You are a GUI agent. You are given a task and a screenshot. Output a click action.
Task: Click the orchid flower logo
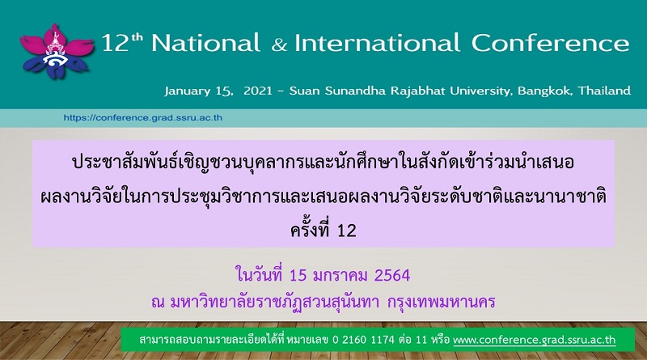(57, 52)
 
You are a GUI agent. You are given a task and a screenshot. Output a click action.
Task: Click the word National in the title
(205, 43)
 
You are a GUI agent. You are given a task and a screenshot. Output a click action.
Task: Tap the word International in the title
(377, 43)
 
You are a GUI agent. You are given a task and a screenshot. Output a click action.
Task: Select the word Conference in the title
(550, 43)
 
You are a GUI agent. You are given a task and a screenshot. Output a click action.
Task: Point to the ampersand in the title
(279, 45)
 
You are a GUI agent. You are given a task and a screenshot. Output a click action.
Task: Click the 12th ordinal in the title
(122, 43)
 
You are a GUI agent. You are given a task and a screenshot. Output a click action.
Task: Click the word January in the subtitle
(188, 91)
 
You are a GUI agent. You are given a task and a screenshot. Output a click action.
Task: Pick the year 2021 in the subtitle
(258, 91)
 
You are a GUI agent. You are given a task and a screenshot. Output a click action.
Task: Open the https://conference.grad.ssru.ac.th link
(143, 118)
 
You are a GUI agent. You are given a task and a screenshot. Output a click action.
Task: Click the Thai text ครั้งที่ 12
(323, 230)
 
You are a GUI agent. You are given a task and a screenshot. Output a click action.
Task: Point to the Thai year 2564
(392, 276)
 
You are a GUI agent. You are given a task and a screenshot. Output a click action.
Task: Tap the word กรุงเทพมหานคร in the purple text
(441, 303)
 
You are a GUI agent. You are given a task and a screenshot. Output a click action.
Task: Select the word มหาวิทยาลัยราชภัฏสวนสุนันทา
(274, 303)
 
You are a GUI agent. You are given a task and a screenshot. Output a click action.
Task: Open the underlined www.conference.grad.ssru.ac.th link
(535, 341)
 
